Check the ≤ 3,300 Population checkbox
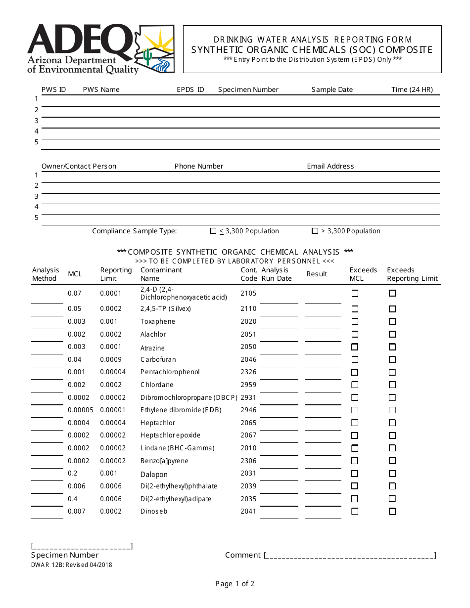tap(213, 231)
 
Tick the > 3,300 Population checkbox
tap(315, 231)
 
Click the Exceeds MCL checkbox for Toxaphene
tap(355, 322)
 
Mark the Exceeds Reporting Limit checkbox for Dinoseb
tap(392, 512)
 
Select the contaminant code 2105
tap(248, 293)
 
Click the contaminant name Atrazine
tap(152, 348)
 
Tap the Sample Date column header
tap(332, 89)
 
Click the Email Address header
tap(330, 166)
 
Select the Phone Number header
tap(199, 166)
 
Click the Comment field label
tap(242, 555)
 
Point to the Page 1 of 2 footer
tap(235, 584)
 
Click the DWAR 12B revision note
tap(72, 565)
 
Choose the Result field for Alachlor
tap(323, 336)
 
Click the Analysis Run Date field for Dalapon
tap(279, 476)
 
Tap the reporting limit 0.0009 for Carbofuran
tap(110, 359)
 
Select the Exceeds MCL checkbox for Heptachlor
tap(355, 423)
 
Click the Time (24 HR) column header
tap(412, 89)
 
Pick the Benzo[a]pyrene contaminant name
tap(164, 461)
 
